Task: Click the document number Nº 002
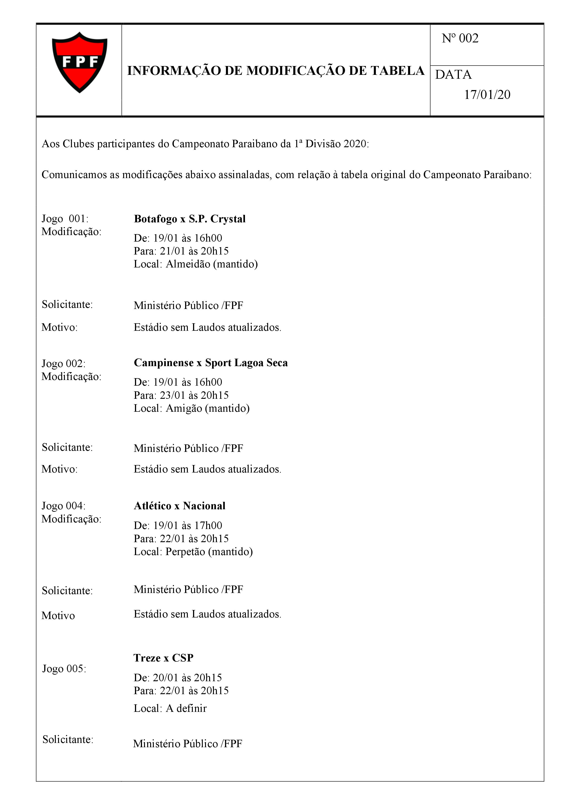[460, 38]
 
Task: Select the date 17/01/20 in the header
[487, 95]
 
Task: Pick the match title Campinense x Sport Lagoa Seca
[211, 363]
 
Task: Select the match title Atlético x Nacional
[180, 506]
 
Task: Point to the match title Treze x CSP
[163, 658]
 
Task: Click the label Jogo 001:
[65, 218]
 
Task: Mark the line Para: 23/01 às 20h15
[181, 395]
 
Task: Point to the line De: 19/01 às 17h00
[178, 525]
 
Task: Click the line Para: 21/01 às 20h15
[181, 251]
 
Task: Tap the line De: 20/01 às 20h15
[178, 677]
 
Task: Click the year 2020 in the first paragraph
[354, 144]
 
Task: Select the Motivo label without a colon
[58, 615]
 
